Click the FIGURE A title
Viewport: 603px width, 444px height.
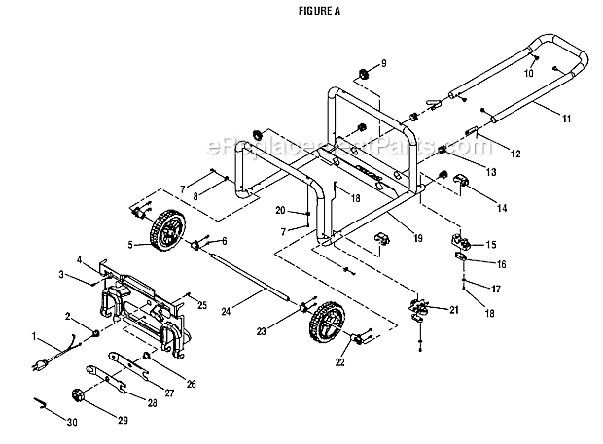pos(301,12)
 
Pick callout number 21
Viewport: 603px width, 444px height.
pos(454,310)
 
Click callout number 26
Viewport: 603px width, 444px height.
pos(191,385)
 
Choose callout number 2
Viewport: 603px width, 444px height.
pos(69,317)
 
